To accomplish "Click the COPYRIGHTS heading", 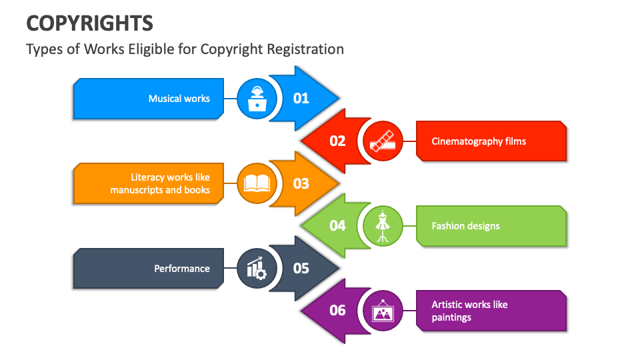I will pyautogui.click(x=89, y=23).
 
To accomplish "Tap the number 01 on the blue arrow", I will pyautogui.click(x=301, y=99).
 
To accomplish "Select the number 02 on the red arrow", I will pyautogui.click(x=338, y=141).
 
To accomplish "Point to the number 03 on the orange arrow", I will pyautogui.click(x=301, y=183).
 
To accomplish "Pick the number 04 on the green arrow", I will pyautogui.click(x=338, y=226).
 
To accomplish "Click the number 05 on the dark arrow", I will pyautogui.click(x=301, y=268).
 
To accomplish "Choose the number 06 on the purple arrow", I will pyautogui.click(x=338, y=311).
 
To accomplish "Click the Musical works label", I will pyautogui.click(x=179, y=99).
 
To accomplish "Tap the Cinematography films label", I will pyautogui.click(x=479, y=141).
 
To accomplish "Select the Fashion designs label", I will pyautogui.click(x=465, y=226).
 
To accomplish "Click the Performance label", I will pyautogui.click(x=182, y=269).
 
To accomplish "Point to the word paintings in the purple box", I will pyautogui.click(x=451, y=317).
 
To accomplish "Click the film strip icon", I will pyautogui.click(x=383, y=141).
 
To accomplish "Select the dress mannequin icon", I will pyautogui.click(x=383, y=226).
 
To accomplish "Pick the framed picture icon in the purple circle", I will pyautogui.click(x=383, y=311).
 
